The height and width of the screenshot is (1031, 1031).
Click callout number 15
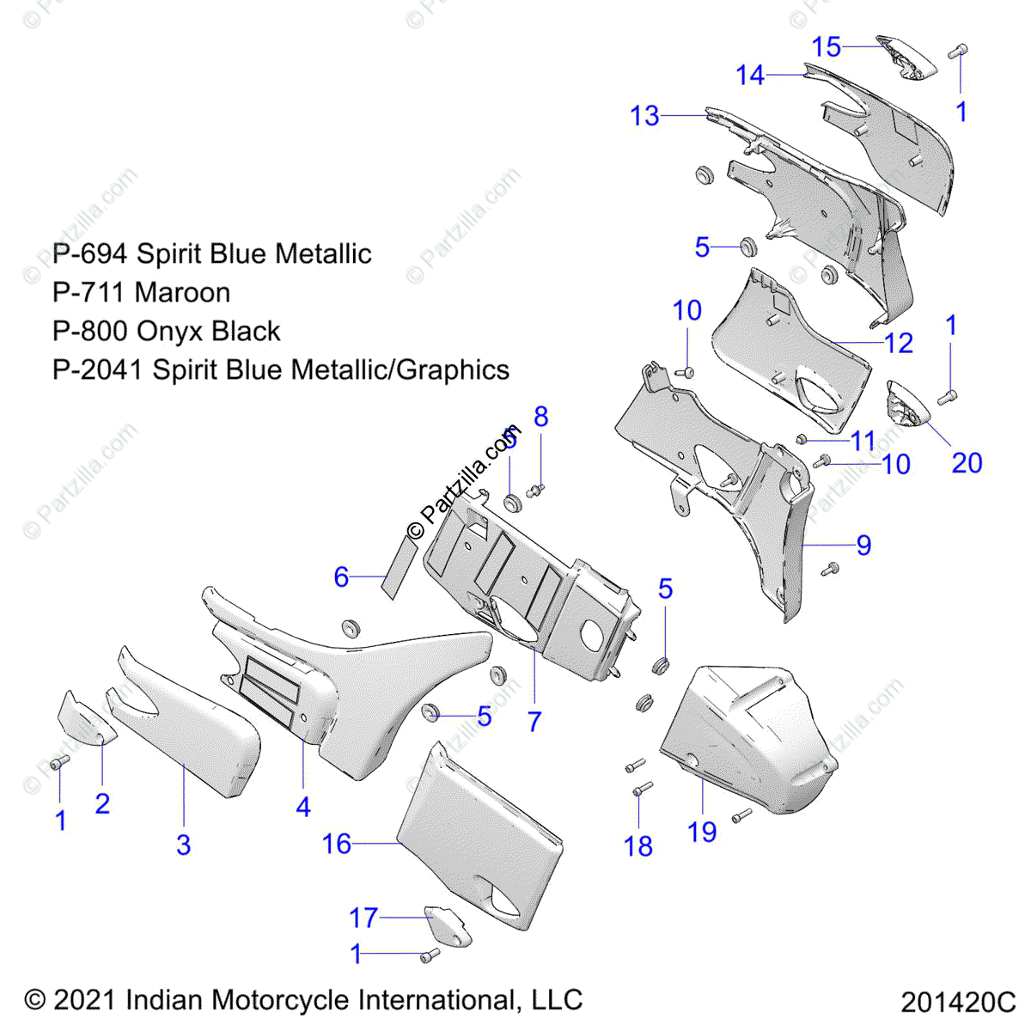click(827, 46)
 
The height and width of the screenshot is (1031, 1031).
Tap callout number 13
click(644, 115)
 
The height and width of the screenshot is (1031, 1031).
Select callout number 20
click(967, 463)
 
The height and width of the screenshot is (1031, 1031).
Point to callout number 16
click(337, 844)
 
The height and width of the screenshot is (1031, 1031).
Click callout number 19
click(702, 832)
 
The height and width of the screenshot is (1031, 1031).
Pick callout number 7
click(534, 721)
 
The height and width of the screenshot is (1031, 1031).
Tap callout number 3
click(183, 845)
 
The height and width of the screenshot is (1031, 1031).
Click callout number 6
click(341, 577)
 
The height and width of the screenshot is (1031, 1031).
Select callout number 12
click(899, 344)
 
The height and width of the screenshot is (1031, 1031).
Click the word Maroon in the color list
click(182, 293)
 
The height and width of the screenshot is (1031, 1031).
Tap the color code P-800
click(89, 332)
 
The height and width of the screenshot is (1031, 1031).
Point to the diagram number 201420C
click(958, 1002)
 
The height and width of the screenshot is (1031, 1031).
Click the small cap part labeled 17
click(448, 925)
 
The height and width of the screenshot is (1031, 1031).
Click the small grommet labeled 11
click(801, 439)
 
